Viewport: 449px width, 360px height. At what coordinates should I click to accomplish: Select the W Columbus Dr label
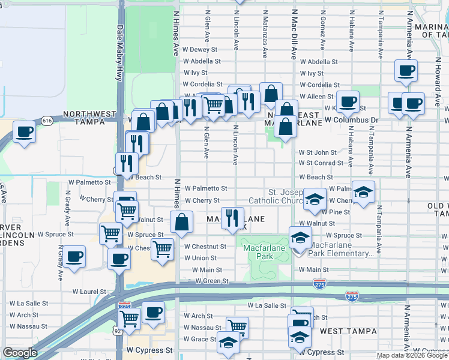(x=352, y=120)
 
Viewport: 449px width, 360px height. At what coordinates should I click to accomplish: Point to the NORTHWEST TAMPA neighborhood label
(x=90, y=117)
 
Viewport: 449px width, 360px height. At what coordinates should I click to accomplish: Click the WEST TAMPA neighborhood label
(x=348, y=331)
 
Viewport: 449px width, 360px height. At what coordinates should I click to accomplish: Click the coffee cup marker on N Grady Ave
(x=74, y=256)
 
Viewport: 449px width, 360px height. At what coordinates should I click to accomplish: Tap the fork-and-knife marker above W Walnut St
(x=232, y=218)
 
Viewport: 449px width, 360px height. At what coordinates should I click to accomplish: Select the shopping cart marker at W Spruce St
(x=110, y=233)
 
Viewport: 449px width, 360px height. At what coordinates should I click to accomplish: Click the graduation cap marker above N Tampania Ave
(x=363, y=192)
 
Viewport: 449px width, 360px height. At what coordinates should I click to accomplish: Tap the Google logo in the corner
(x=20, y=353)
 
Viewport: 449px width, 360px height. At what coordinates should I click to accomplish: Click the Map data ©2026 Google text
(x=411, y=355)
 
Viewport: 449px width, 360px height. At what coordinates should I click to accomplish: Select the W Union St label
(x=200, y=258)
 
